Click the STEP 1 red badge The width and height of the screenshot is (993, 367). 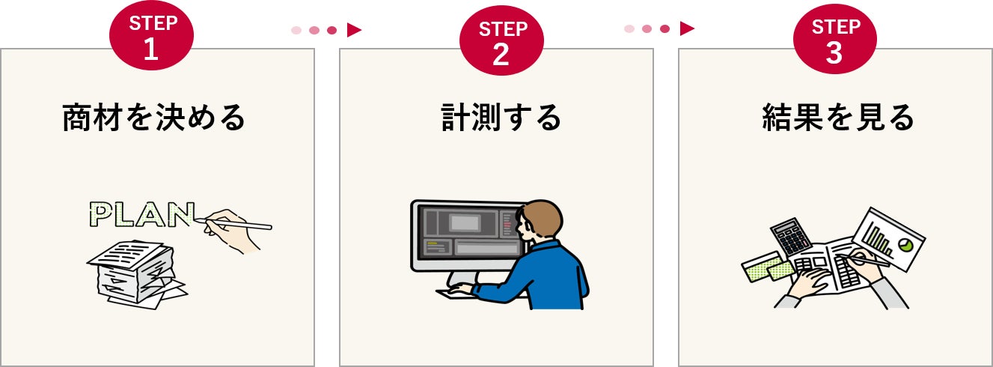151,35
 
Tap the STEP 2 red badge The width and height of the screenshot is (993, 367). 501,40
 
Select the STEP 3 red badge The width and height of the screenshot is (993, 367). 835,39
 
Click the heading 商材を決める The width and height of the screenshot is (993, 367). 153,118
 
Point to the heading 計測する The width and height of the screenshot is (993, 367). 501,118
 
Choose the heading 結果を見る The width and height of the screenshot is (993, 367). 838,118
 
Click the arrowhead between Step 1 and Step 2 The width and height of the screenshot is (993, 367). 354,30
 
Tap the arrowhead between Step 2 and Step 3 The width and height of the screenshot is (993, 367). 687,28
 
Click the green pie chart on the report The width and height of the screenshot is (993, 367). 905,244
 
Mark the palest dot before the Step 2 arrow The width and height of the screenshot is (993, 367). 296,30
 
